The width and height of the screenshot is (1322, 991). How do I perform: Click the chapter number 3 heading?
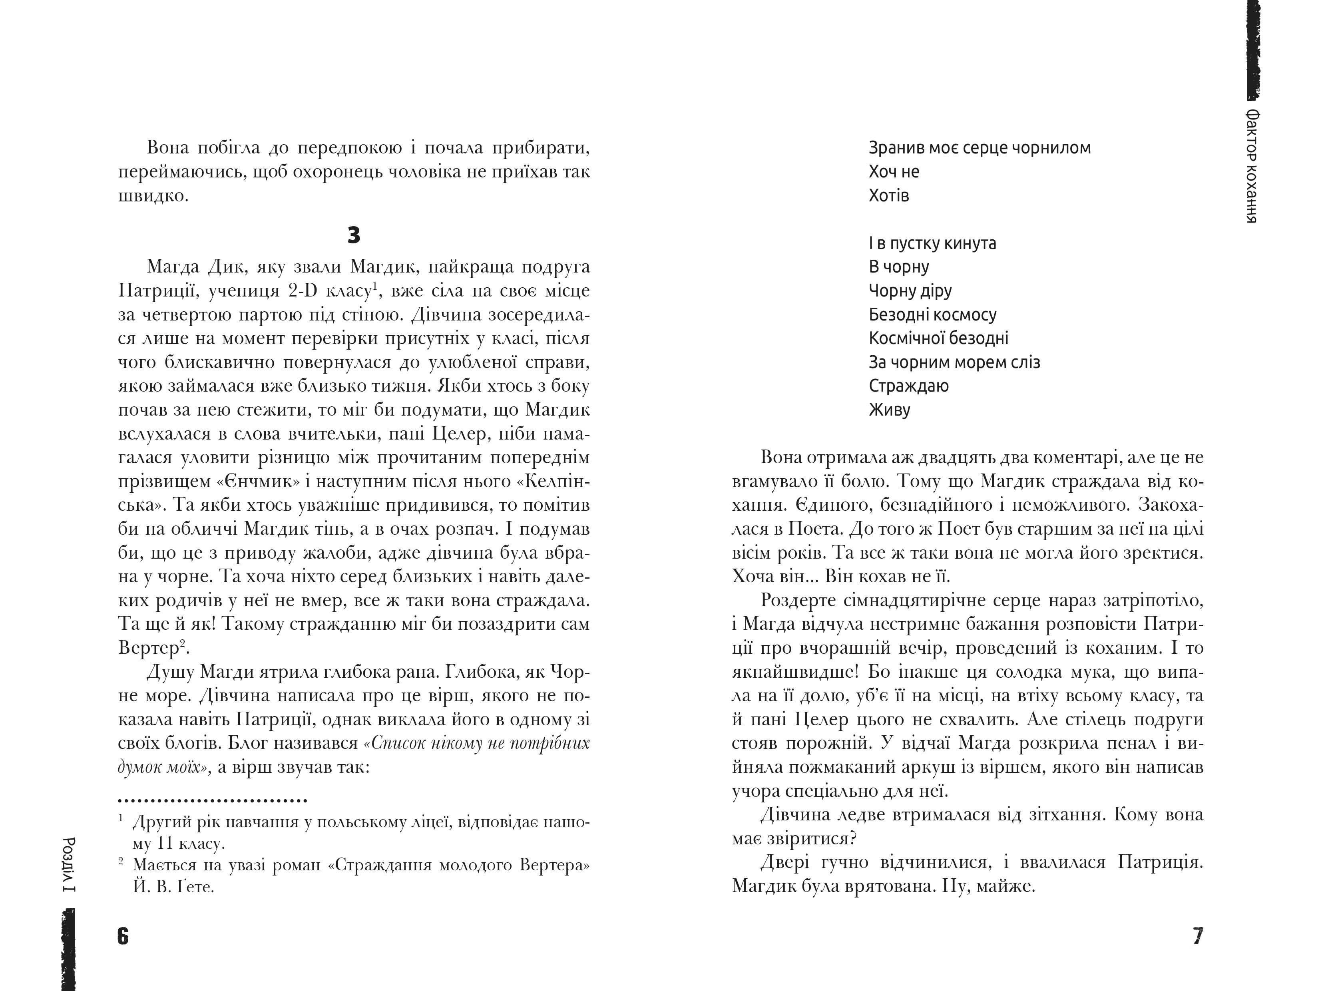pos(354,235)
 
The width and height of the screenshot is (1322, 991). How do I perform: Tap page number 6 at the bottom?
pos(123,936)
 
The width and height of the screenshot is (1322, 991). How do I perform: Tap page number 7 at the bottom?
pos(1198,936)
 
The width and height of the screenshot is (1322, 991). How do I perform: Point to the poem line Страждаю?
pos(908,386)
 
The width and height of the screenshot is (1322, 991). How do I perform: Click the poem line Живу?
pos(889,410)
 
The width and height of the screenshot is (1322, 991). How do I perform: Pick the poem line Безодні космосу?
pos(932,314)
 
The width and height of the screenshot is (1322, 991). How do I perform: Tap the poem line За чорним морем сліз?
pos(954,362)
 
